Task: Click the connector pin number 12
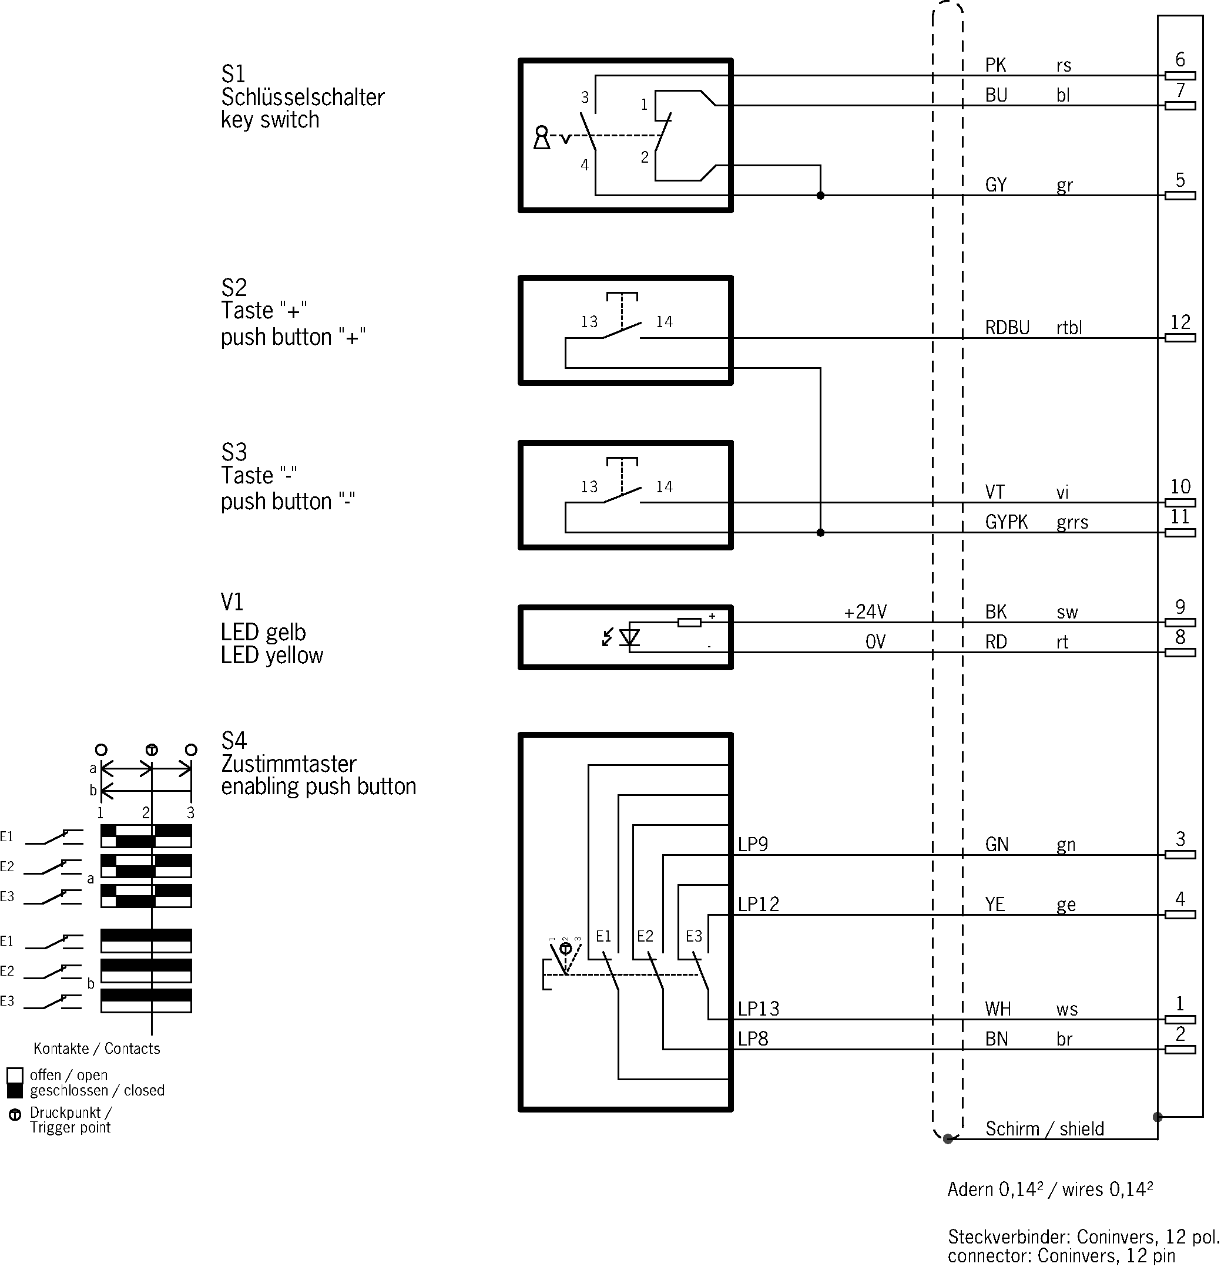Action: (1180, 322)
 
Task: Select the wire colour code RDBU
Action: (1007, 328)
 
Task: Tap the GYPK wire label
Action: (1007, 522)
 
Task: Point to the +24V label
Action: (866, 611)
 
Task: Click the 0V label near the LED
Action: (876, 642)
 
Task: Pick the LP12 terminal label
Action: (759, 905)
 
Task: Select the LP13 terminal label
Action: (759, 1009)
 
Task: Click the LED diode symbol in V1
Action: (629, 637)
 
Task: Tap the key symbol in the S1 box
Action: (541, 137)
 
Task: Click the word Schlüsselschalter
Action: (303, 97)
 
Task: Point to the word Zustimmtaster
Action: (289, 764)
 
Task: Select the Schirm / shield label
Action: (1045, 1128)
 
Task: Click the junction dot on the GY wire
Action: (821, 195)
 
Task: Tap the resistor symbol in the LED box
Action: (689, 623)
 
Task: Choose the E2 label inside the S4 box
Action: (645, 936)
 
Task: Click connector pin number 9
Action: (1180, 606)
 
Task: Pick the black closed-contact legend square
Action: (15, 1091)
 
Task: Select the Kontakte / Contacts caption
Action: (97, 1048)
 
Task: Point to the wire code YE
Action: (995, 905)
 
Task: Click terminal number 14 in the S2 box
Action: (664, 322)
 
